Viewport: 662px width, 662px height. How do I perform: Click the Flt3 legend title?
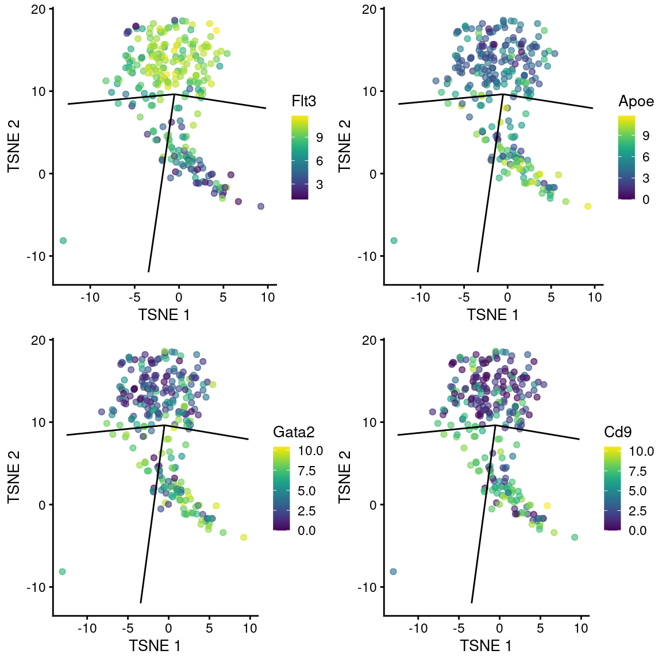point(304,102)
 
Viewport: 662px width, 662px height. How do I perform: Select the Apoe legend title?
point(636,102)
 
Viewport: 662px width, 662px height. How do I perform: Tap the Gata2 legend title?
point(294,432)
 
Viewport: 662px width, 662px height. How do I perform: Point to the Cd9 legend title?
point(618,432)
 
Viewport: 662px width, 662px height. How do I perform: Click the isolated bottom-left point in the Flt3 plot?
point(63,240)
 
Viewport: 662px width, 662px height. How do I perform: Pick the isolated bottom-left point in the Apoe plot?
point(394,240)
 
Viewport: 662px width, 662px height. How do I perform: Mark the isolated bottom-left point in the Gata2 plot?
point(62,571)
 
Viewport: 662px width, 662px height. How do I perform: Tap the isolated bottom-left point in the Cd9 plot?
point(393,571)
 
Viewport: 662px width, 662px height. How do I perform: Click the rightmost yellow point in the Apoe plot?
point(587,206)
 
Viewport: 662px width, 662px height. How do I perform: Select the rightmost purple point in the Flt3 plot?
point(261,206)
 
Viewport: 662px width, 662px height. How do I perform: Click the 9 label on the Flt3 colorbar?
point(320,137)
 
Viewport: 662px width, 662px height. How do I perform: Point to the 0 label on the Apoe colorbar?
point(646,199)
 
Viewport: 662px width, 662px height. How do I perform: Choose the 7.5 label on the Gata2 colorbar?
point(307,471)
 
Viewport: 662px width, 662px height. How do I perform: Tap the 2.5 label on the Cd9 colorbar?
point(638,511)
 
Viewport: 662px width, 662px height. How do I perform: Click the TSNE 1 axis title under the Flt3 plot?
point(164,314)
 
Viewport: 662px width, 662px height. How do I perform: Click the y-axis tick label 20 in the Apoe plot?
point(370,9)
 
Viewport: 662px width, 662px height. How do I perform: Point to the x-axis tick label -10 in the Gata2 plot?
point(87,628)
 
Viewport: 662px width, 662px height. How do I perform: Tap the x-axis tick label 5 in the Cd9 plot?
point(540,628)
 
